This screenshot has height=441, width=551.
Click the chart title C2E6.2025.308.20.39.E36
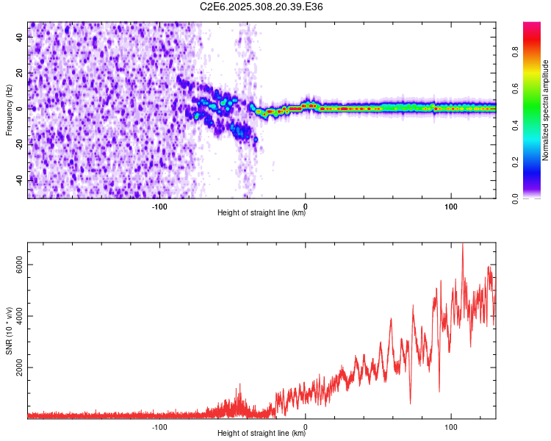click(x=262, y=7)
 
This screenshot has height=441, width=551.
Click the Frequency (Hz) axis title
click(x=10, y=110)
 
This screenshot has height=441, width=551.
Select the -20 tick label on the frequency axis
click(x=19, y=144)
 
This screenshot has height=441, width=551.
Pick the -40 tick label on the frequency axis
click(x=19, y=180)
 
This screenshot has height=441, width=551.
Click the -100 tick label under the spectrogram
click(x=159, y=207)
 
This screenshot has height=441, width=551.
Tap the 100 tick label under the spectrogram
click(x=451, y=207)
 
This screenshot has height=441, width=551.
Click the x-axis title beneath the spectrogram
click(x=262, y=213)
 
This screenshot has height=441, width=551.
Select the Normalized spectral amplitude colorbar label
click(x=546, y=110)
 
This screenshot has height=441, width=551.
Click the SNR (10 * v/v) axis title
click(x=10, y=331)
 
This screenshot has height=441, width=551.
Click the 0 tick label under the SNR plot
click(x=306, y=427)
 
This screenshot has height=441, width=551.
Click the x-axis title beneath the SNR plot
click(x=262, y=434)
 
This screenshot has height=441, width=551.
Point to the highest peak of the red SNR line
click(x=462, y=245)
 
